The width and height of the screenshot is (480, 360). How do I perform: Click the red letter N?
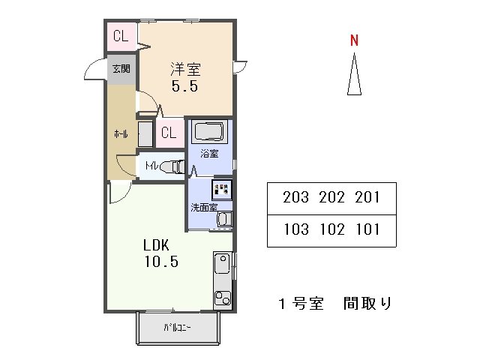[355, 41]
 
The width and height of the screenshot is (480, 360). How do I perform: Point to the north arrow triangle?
[355, 78]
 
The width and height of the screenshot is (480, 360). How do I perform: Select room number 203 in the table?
[295, 198]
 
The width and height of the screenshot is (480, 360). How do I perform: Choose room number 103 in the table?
[295, 229]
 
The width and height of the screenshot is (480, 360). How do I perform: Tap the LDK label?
[157, 245]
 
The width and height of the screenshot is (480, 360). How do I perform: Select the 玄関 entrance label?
[121, 69]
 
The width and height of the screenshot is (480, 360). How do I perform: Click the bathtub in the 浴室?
[210, 133]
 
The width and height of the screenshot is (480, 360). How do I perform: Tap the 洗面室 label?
[202, 207]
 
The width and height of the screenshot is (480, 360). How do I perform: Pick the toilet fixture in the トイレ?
[172, 166]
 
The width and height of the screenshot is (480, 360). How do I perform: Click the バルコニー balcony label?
[177, 327]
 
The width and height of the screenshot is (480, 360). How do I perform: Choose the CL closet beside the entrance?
[121, 35]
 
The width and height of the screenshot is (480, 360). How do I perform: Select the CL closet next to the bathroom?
[169, 133]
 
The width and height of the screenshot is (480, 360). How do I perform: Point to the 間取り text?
[367, 304]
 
